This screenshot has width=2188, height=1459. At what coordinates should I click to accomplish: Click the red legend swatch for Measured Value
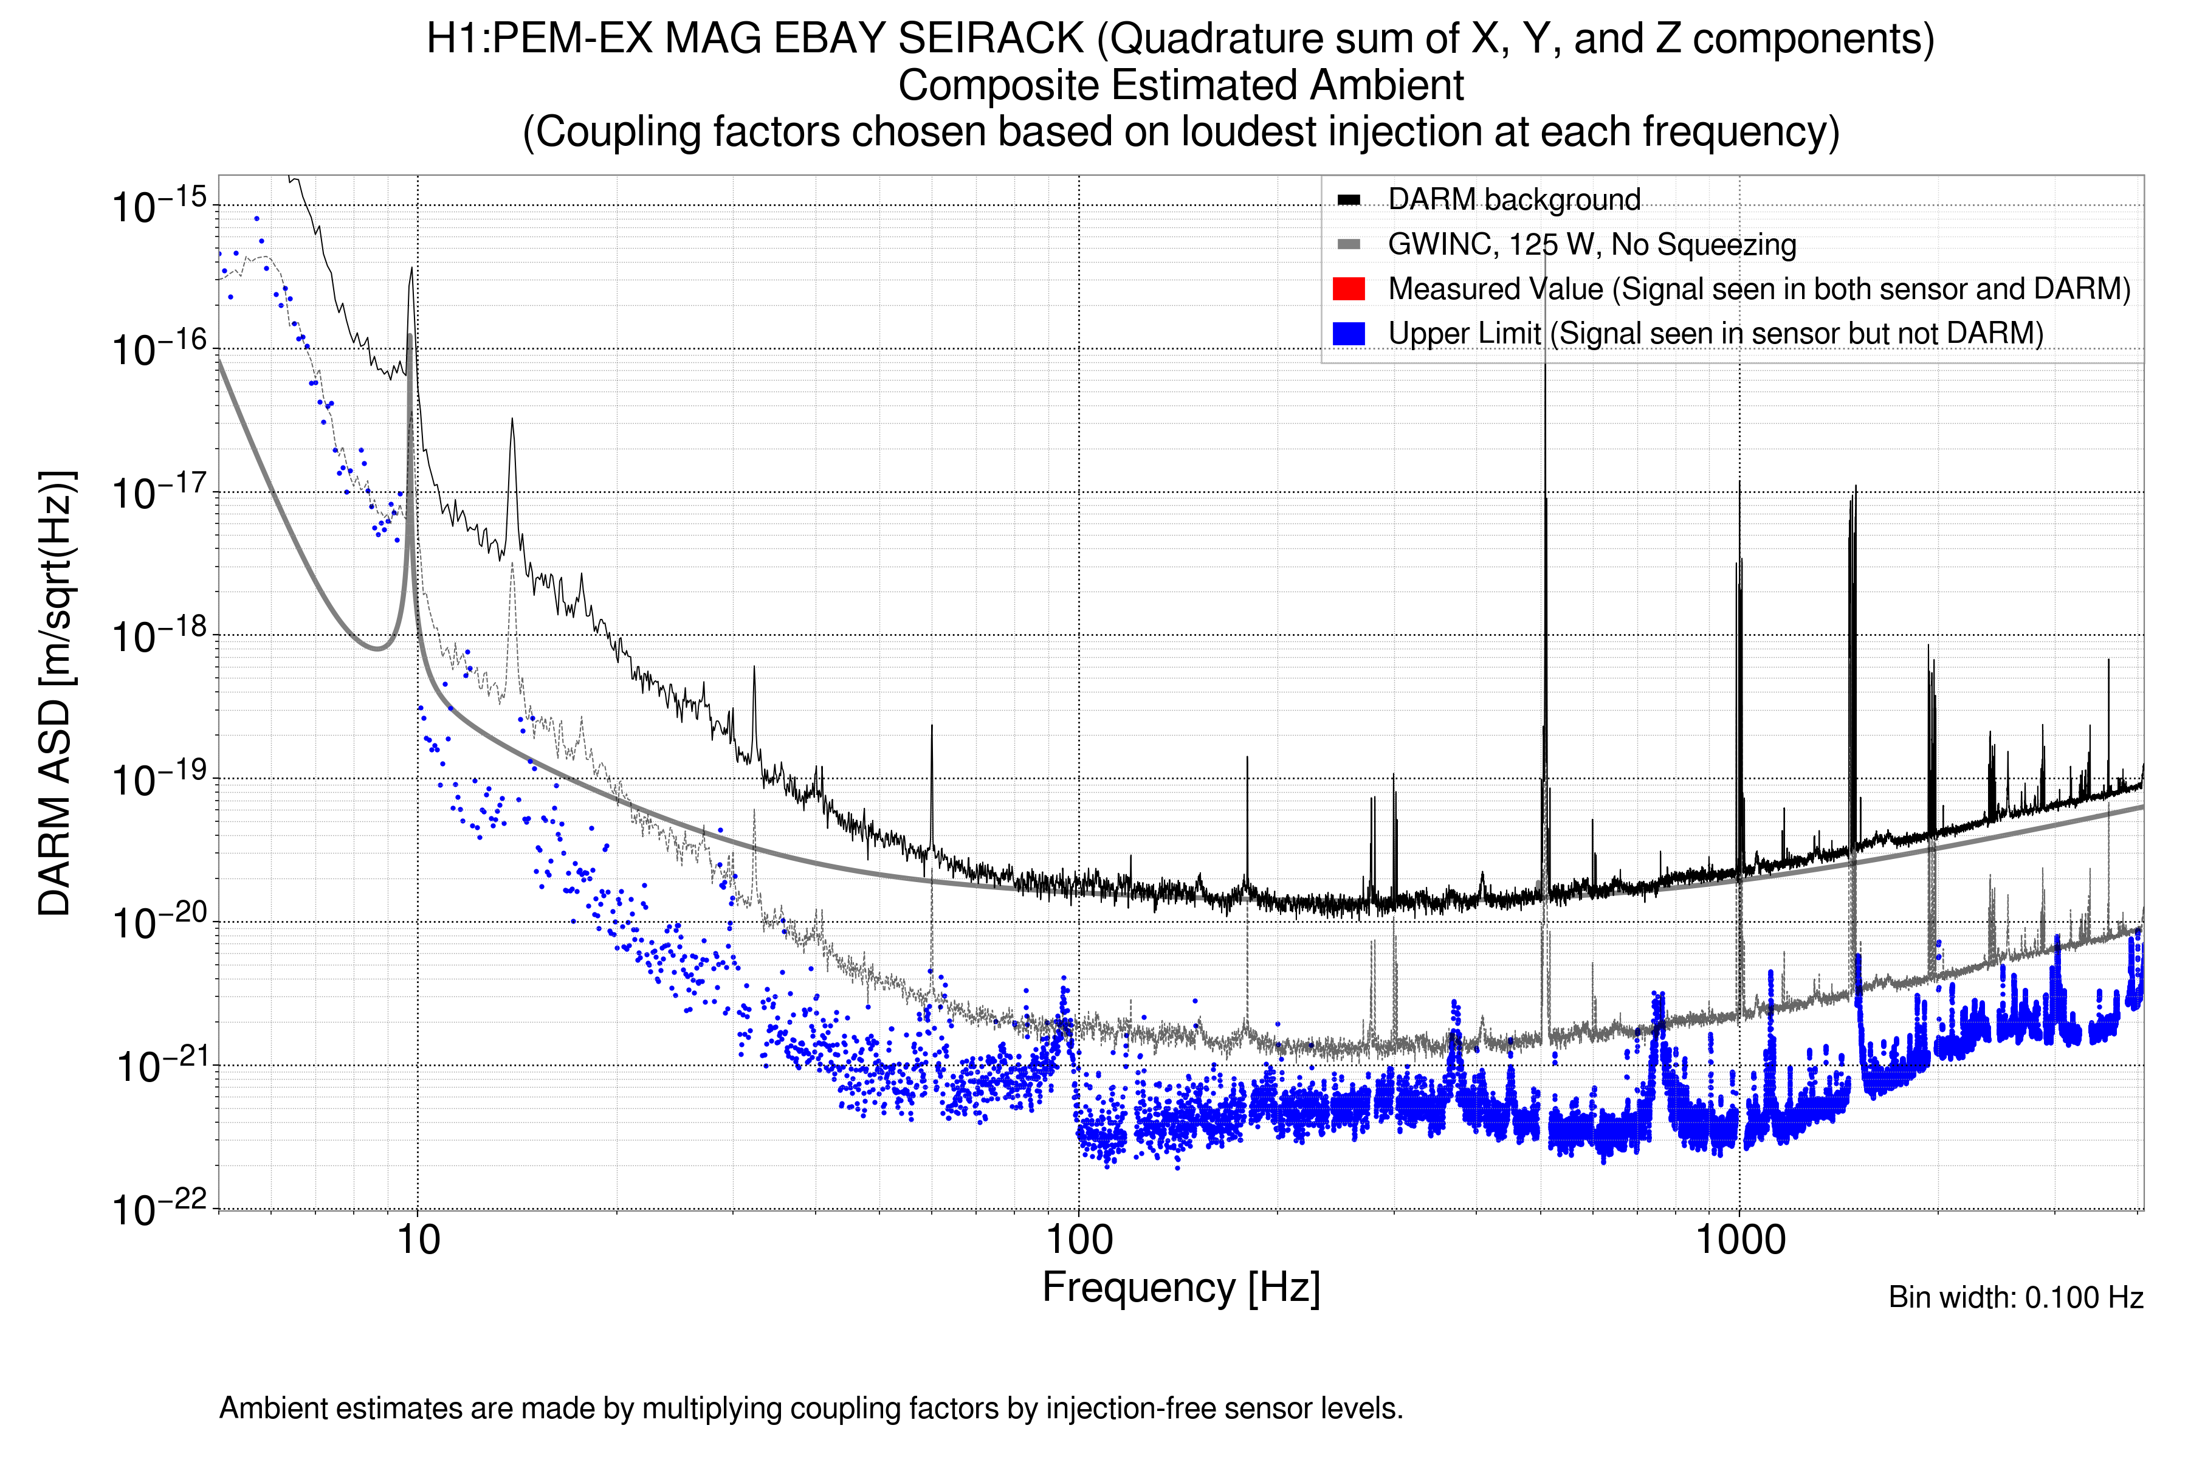tap(1348, 288)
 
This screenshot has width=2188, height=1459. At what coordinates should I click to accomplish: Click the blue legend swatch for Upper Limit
tap(1348, 333)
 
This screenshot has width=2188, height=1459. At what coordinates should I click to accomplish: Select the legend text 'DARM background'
tap(1513, 200)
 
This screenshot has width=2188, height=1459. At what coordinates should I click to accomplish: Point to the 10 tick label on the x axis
tap(418, 1240)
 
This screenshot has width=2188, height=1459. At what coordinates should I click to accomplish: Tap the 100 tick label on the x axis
tap(1079, 1240)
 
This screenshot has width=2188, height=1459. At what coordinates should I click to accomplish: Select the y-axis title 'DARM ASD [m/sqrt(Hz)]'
tap(56, 693)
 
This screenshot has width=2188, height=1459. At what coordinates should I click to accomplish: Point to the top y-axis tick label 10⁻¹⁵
tap(158, 205)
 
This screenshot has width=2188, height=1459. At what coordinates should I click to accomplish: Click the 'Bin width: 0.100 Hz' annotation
tap(2015, 1297)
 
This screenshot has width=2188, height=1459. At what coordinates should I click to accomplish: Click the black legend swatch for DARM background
tap(1348, 200)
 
